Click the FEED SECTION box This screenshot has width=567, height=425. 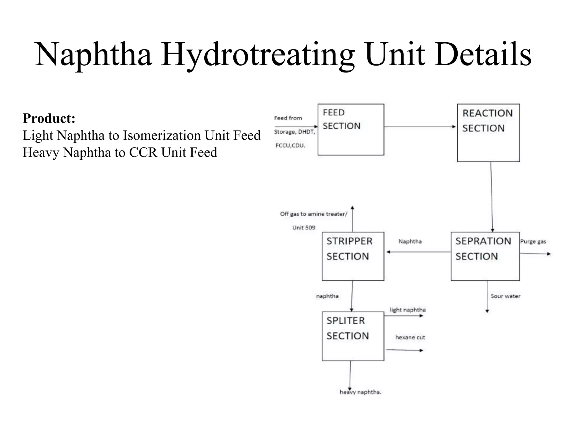click(x=351, y=129)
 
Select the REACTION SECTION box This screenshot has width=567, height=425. click(x=488, y=133)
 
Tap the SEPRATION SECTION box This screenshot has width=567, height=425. click(x=485, y=256)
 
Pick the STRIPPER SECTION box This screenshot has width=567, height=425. click(x=353, y=256)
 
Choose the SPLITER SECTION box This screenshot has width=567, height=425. click(x=353, y=336)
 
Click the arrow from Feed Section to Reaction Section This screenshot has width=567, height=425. click(x=419, y=127)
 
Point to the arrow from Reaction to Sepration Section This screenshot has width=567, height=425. click(x=492, y=196)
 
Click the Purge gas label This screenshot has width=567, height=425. click(x=533, y=242)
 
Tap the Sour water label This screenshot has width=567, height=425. click(x=505, y=296)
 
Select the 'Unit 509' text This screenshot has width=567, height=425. click(x=304, y=227)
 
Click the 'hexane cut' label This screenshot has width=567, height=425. click(x=410, y=337)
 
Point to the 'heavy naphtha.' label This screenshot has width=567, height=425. click(x=360, y=392)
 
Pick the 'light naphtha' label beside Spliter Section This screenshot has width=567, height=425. click(x=408, y=310)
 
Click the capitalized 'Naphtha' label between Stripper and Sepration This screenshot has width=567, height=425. click(x=410, y=242)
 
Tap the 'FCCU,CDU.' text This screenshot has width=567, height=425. click(x=290, y=146)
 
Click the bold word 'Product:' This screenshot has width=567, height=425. click(x=49, y=118)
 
